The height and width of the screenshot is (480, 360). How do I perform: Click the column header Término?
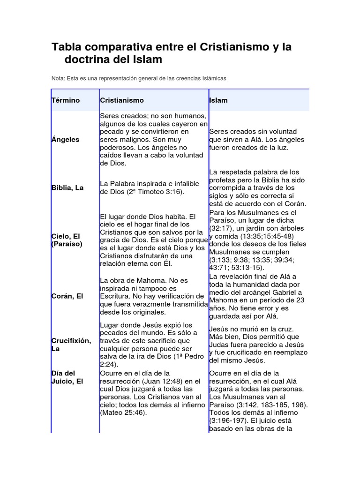[66, 100]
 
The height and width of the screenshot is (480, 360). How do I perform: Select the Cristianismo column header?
[122, 100]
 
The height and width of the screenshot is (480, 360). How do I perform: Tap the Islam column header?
[218, 100]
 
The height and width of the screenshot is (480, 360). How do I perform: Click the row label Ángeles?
[65, 140]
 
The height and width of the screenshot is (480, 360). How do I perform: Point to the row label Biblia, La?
[67, 187]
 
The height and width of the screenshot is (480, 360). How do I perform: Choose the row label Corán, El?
[67, 296]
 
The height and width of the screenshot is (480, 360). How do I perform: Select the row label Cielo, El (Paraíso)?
[67, 240]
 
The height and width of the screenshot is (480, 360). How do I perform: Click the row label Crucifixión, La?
[71, 345]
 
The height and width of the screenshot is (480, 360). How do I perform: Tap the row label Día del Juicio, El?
[67, 377]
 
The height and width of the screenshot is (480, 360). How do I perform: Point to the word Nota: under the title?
[59, 78]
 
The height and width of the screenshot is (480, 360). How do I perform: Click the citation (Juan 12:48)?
[162, 381]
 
